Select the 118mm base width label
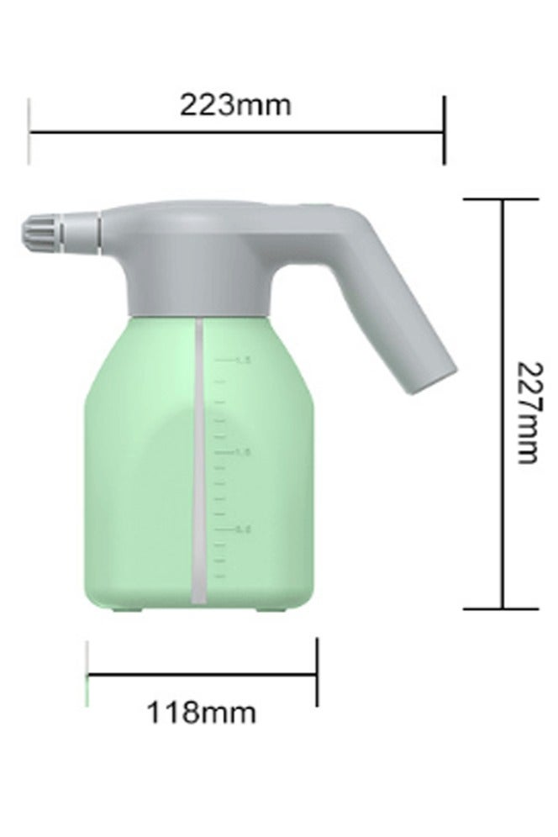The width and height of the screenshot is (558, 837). (x=202, y=713)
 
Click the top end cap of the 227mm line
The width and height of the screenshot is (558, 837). (x=503, y=200)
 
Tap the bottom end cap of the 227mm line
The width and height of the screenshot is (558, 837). (x=503, y=608)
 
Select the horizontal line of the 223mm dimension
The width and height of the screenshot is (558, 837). (x=235, y=131)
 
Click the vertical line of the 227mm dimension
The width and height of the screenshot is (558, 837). (x=503, y=504)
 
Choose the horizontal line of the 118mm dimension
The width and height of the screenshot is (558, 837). (x=202, y=673)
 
